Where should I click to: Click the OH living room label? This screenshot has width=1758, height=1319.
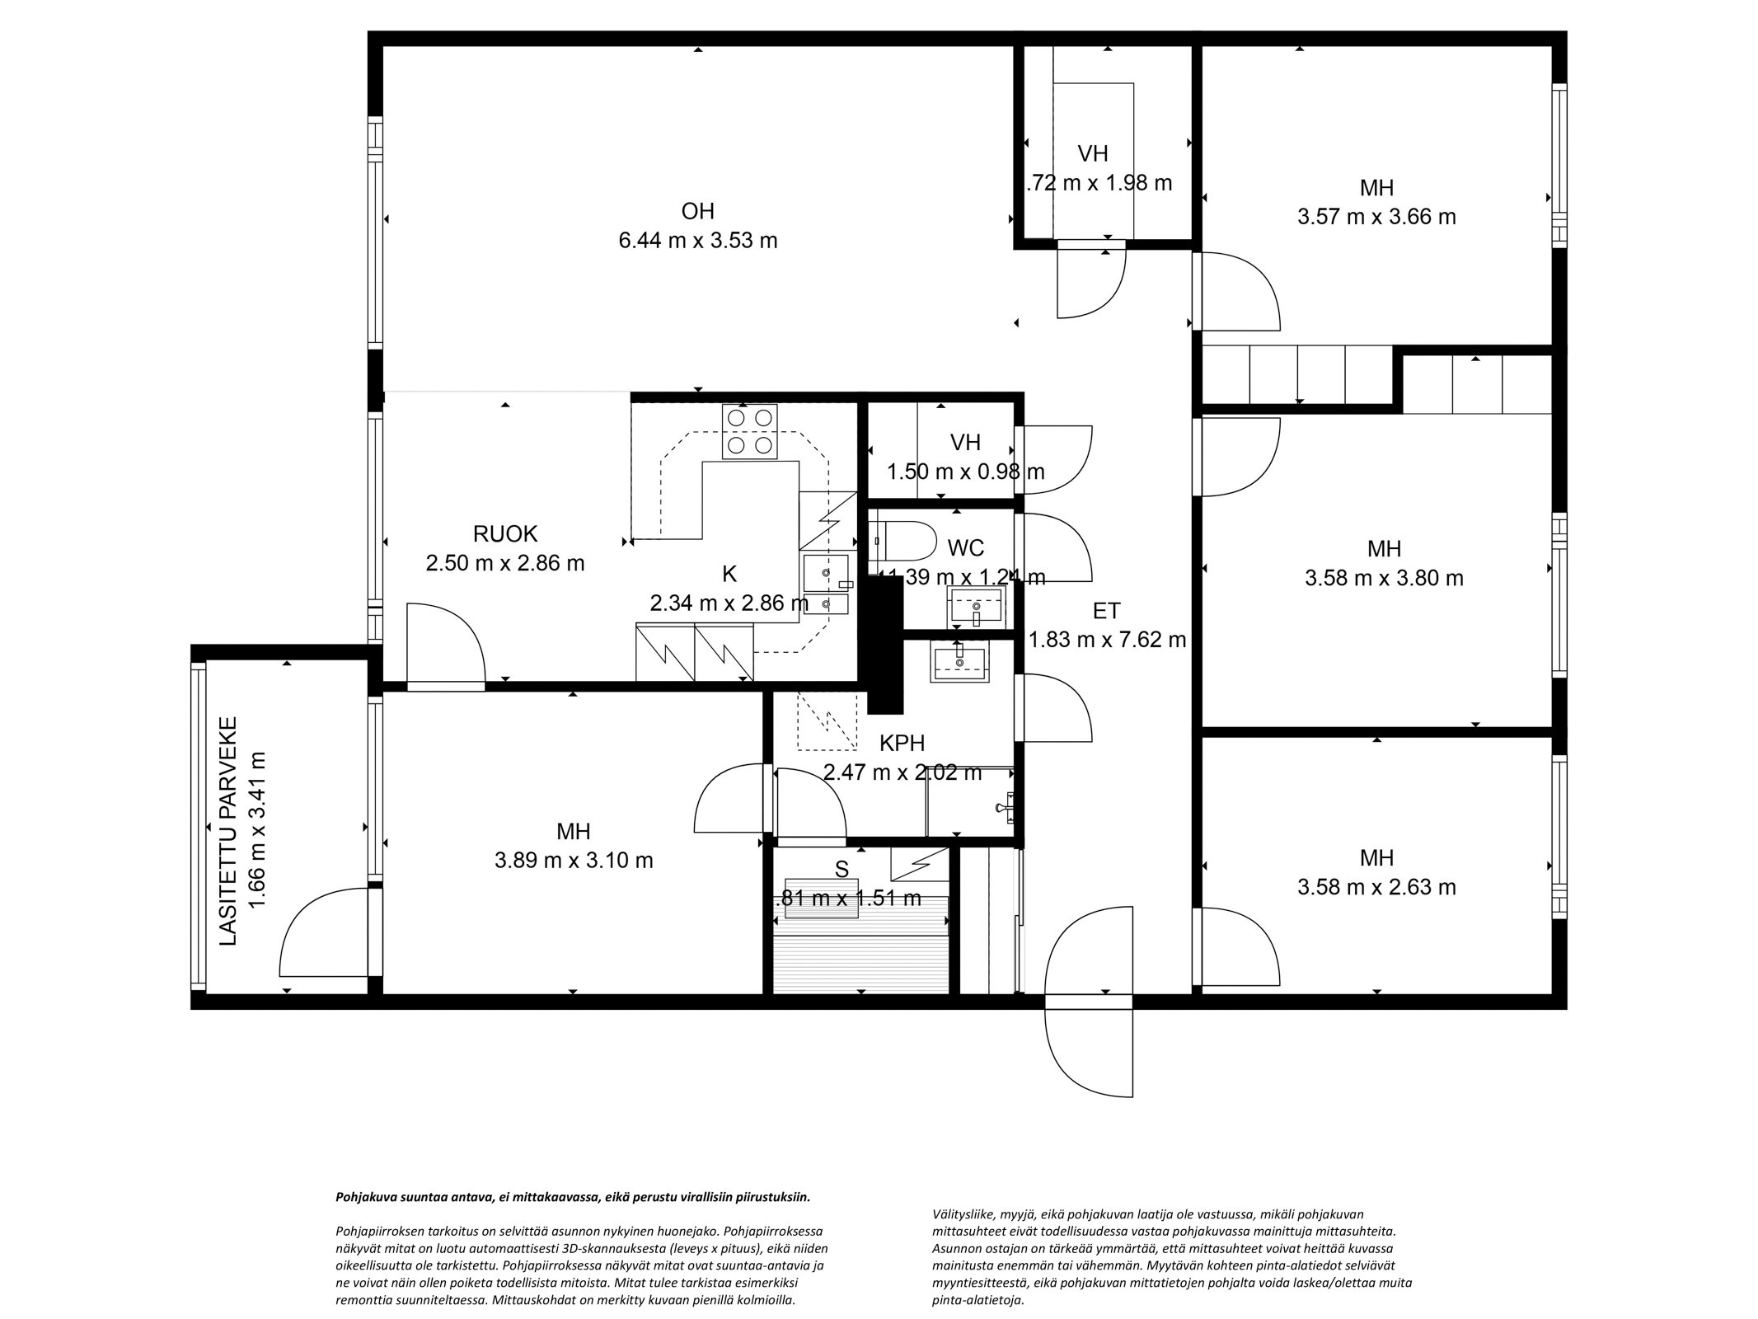(697, 212)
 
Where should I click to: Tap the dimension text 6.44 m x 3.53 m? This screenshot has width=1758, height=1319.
(697, 241)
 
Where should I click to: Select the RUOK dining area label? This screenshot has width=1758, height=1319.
(504, 534)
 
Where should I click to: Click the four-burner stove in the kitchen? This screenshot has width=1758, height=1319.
(749, 431)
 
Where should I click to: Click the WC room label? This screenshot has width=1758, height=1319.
(965, 548)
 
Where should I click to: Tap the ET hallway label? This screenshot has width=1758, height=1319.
(1106, 611)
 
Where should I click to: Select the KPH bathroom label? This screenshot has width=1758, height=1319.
(902, 744)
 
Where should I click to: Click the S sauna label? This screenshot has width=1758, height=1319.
(841, 869)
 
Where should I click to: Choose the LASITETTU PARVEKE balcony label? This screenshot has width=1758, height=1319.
(228, 831)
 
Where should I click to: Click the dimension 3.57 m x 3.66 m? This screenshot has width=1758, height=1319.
(1376, 217)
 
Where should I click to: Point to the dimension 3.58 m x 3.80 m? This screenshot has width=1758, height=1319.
(1384, 578)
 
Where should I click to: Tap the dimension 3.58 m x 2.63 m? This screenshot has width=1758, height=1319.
(1376, 887)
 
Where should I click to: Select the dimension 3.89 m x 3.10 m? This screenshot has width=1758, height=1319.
(574, 861)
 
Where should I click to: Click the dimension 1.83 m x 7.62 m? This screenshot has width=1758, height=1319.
(1107, 640)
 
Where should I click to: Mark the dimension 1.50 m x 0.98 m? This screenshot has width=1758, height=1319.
(965, 472)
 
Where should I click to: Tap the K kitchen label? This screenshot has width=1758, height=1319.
(729, 575)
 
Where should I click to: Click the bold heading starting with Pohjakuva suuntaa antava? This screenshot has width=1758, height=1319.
(573, 1197)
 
